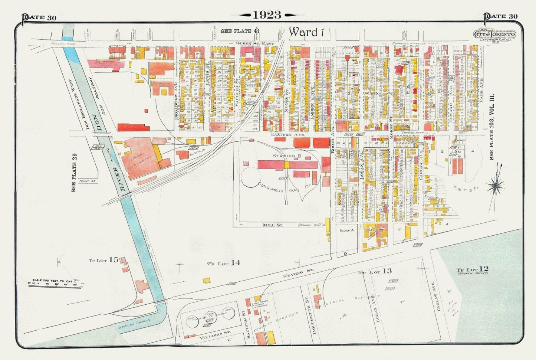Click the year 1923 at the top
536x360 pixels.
coord(267,15)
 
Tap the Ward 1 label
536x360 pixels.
coord(307,32)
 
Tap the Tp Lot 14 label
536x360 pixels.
coord(223,263)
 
